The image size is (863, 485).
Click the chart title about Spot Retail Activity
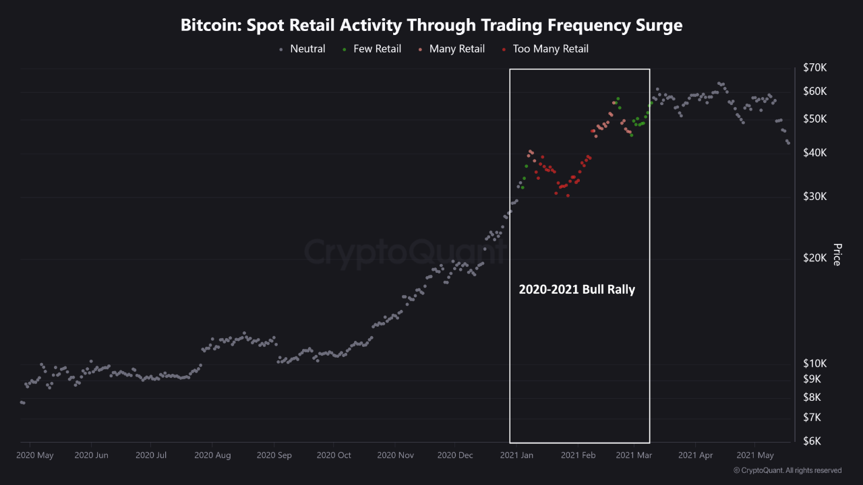431,26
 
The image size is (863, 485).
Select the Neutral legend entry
303,48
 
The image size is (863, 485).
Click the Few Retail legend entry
372,48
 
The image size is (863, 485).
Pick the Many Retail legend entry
452,48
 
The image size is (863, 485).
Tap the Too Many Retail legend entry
545,48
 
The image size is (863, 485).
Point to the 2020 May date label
36,455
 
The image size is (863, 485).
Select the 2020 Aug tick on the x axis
212,455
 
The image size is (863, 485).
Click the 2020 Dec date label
455,455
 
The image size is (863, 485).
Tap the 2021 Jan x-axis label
517,455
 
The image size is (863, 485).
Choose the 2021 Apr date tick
695,455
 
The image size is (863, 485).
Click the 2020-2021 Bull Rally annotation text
576,290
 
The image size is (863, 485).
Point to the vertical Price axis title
837,255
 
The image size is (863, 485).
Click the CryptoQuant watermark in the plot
405,252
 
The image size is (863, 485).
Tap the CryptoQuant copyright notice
787,470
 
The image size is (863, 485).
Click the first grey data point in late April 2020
22,402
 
